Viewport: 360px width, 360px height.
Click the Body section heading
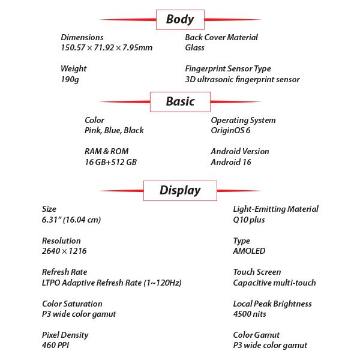(x=180, y=19)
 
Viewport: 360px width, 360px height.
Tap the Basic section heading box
(x=180, y=101)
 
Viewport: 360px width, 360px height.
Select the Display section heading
(x=180, y=191)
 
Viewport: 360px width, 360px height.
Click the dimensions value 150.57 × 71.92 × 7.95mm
(x=107, y=48)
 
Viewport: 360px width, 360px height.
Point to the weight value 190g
(x=70, y=79)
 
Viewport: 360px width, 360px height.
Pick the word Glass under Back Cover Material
(x=196, y=48)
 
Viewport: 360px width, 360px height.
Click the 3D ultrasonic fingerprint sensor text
(x=242, y=79)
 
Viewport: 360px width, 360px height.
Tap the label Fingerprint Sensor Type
(x=228, y=68)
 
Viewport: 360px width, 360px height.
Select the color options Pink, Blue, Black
(x=114, y=130)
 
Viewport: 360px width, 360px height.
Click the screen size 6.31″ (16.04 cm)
(x=71, y=220)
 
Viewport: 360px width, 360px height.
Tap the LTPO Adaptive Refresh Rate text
(x=112, y=283)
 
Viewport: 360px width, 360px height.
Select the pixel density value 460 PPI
(x=57, y=346)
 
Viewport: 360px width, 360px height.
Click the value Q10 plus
(x=249, y=220)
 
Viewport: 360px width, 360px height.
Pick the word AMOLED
(x=249, y=251)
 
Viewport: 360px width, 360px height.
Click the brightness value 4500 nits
(x=250, y=314)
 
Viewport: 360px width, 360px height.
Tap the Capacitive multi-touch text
(x=274, y=283)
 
